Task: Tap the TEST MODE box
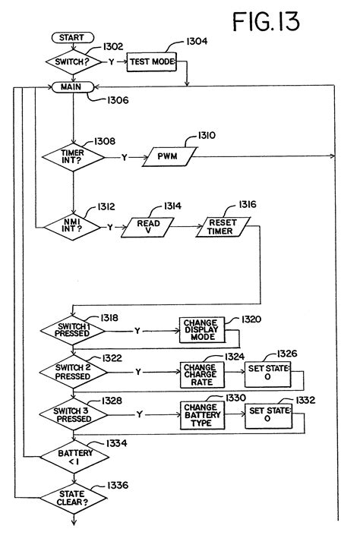click(151, 61)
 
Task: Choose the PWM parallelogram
click(167, 158)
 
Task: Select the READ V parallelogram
click(147, 226)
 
